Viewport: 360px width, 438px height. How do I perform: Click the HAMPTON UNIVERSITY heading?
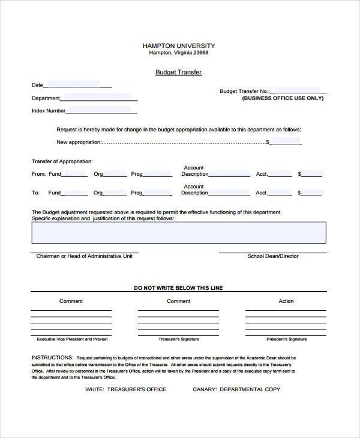coord(178,46)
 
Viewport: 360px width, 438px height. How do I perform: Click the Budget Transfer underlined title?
coord(178,73)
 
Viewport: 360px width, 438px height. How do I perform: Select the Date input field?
coord(73,85)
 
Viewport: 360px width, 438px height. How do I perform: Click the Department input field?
coord(96,97)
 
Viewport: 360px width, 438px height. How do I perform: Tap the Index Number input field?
coord(99,110)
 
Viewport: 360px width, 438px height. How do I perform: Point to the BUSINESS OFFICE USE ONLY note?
coord(282,98)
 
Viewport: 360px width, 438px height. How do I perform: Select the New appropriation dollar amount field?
coord(286,142)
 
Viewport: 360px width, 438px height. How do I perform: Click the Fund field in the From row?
coord(74,173)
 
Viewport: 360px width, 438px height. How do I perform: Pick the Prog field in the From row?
coord(157,173)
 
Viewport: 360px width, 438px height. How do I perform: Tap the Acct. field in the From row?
coord(280,173)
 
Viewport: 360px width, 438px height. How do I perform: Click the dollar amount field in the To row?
coord(312,193)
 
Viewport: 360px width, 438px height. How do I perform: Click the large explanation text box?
coord(179,232)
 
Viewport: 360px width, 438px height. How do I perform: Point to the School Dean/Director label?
coord(272,256)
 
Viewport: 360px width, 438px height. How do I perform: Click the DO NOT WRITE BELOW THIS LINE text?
coord(178,288)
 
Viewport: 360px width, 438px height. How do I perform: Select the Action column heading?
coord(286,301)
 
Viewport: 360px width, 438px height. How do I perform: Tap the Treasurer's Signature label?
coord(178,339)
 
